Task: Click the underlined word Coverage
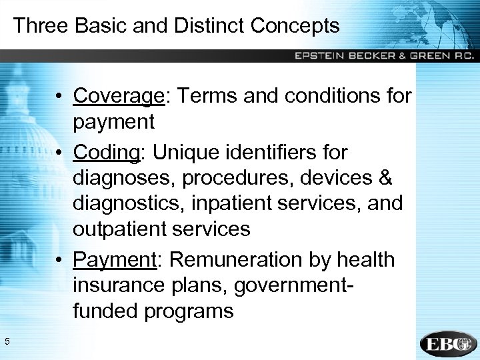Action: coord(119,96)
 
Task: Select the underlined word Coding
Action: coord(106,153)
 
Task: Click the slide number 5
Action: coord(7,343)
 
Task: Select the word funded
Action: coord(105,311)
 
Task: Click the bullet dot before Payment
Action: coord(60,260)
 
